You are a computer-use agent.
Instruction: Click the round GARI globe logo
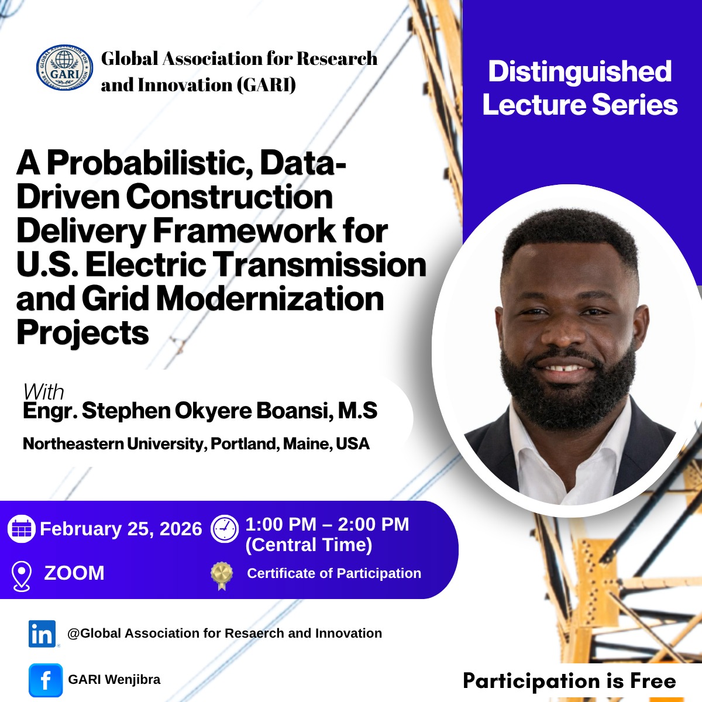point(64,68)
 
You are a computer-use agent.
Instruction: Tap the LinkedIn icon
point(42,634)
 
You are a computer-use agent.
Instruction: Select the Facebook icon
point(46,680)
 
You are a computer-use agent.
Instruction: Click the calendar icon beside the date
point(22,529)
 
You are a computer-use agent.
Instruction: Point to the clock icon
point(225,529)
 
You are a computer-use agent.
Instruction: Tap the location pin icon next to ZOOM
point(22,576)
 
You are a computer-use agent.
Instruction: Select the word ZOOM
point(74,573)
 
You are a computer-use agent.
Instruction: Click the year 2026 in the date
point(181,529)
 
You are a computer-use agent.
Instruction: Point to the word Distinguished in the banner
point(580,71)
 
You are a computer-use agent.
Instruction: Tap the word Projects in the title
point(82,333)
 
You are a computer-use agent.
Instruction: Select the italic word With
point(44,393)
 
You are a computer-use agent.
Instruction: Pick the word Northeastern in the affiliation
point(73,443)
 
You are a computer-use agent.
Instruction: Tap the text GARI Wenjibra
point(115,679)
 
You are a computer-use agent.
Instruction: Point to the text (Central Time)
point(309,545)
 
